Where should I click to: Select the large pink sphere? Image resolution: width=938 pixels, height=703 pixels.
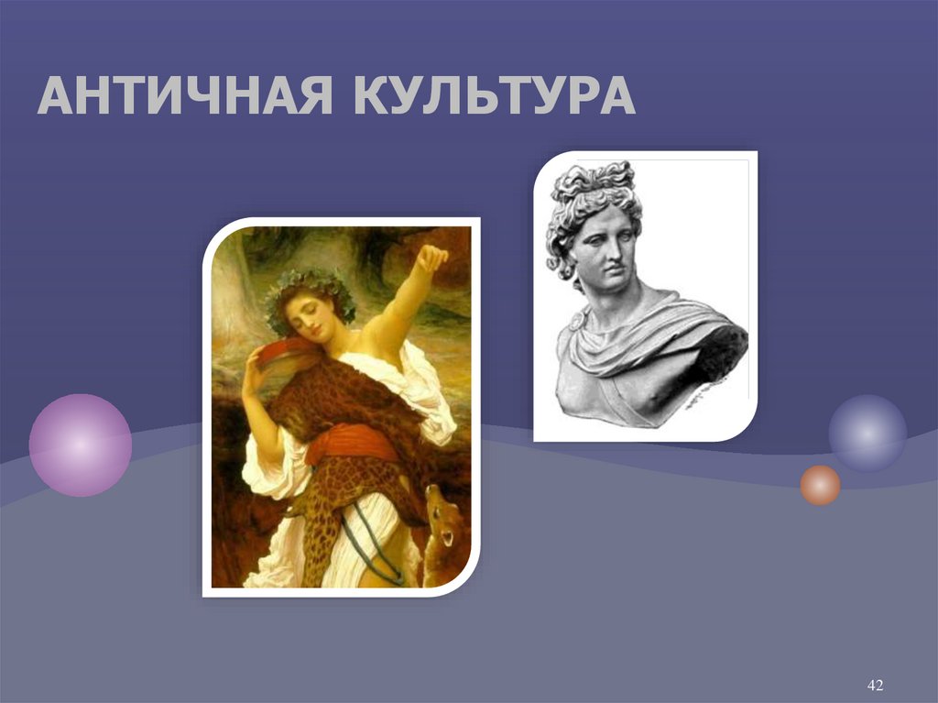81,445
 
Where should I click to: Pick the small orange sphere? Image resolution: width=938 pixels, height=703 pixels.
820,485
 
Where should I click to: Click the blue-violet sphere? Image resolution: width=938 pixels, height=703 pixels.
867,433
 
